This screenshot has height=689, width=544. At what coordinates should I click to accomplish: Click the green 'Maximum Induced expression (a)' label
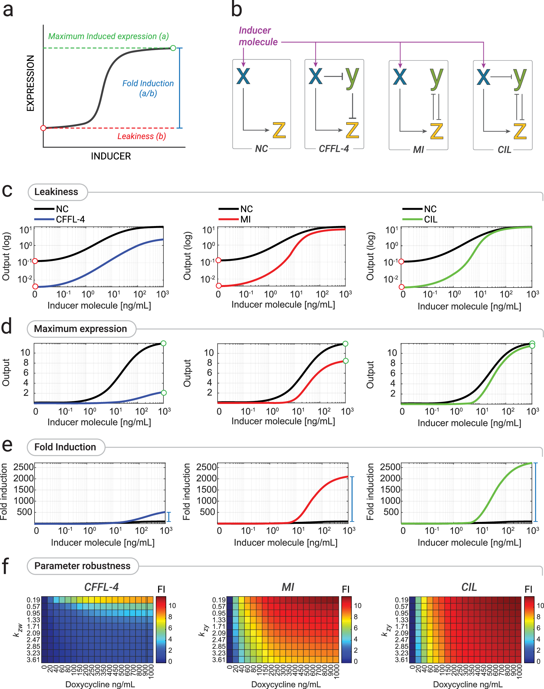coord(108,36)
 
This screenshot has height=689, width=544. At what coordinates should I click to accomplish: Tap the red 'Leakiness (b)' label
coord(141,136)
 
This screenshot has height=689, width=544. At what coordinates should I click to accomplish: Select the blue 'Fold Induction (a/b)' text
coord(148,88)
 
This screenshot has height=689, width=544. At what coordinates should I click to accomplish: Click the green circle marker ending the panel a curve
coord(173,48)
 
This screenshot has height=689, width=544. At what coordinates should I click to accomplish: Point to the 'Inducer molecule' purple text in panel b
coord(258,36)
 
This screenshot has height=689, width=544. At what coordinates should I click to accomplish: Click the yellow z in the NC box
coord(279,130)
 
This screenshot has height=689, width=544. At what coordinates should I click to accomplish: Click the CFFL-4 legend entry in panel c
coord(70,220)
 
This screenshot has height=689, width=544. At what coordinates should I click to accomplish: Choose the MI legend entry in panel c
coord(245,220)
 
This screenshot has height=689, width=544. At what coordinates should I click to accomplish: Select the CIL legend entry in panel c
coord(431,220)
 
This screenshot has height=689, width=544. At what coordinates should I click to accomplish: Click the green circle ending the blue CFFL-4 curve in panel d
coord(164,393)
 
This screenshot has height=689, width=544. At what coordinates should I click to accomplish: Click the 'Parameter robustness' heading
coord(82,566)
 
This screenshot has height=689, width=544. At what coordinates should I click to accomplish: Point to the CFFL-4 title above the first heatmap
coord(101,587)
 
